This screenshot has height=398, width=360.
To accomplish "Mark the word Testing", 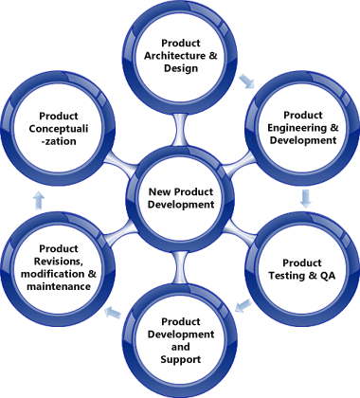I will click(297, 275).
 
